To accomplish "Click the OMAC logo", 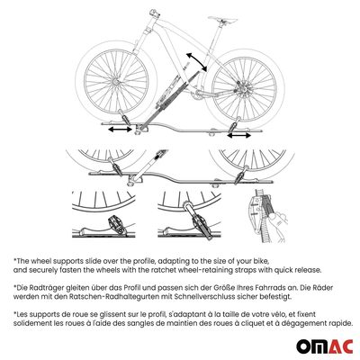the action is [x=325, y=347].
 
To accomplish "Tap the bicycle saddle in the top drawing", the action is [x=222, y=19].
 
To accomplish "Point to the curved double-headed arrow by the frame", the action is [x=196, y=62].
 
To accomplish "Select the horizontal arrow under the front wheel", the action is [x=120, y=130].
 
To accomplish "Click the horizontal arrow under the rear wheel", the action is [x=239, y=135].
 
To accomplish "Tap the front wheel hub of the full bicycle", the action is [x=116, y=82].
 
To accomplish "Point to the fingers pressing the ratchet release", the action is [x=278, y=223].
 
